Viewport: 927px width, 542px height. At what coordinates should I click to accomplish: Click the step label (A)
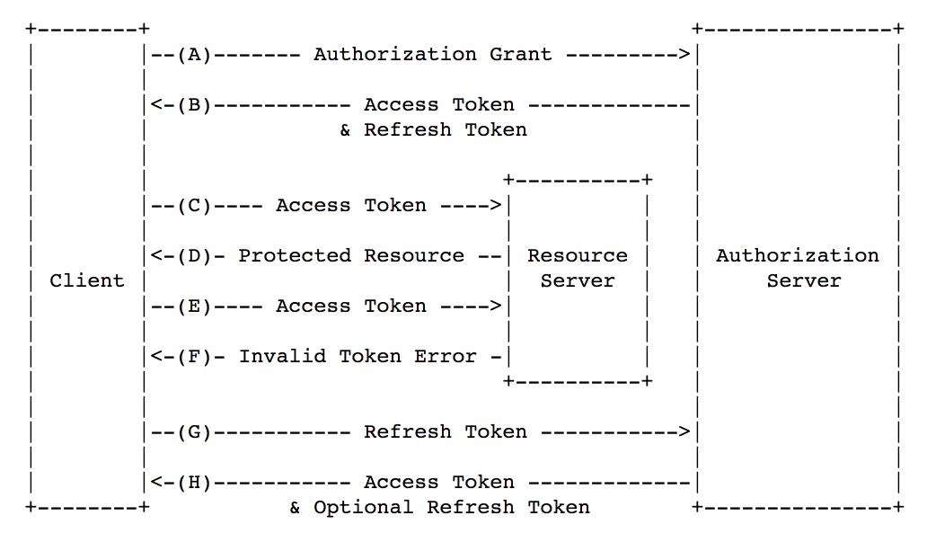195,55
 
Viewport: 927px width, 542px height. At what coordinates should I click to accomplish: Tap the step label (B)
195,105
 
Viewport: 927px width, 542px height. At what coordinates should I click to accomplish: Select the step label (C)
195,205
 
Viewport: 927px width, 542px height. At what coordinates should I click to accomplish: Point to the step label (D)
195,255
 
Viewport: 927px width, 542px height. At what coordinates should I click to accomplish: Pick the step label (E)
195,306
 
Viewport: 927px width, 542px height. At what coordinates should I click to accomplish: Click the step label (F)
195,356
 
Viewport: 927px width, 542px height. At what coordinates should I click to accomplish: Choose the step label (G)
195,432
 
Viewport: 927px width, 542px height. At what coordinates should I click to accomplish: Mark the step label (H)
195,483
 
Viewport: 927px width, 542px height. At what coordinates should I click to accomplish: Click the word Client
87,280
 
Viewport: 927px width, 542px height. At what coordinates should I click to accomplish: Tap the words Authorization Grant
433,55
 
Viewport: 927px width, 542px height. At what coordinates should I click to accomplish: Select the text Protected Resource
351,255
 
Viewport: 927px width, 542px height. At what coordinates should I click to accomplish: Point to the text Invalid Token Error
358,356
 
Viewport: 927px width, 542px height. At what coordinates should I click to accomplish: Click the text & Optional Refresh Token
440,507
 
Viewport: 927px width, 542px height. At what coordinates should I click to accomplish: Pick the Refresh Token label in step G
446,432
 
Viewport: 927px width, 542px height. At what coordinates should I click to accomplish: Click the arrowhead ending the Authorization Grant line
684,55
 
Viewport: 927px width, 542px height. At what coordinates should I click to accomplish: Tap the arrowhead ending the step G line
684,432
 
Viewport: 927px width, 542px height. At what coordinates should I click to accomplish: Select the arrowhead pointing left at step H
156,483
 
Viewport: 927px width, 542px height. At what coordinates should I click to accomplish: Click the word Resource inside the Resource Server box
578,255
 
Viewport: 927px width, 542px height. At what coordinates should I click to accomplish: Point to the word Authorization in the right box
798,255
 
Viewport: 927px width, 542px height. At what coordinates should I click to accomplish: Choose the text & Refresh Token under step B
433,129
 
